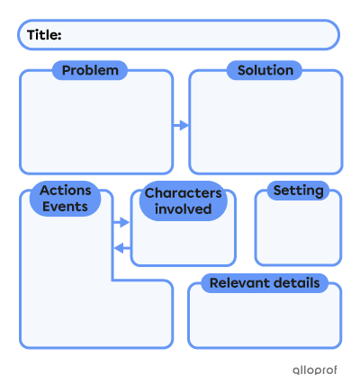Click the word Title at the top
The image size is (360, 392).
44,35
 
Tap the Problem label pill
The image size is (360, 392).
90,70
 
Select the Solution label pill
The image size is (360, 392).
265,70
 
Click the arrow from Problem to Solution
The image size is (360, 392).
182,126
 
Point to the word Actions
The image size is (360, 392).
65,191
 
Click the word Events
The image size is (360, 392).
65,207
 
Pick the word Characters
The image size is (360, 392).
184,193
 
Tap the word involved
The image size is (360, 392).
184,209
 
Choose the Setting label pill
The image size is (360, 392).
298,191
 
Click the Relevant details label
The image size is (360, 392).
265,283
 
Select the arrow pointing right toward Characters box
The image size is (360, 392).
122,222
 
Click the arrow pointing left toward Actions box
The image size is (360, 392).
122,247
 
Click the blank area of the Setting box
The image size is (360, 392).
298,234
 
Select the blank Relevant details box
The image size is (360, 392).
265,322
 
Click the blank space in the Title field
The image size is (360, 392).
198,35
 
